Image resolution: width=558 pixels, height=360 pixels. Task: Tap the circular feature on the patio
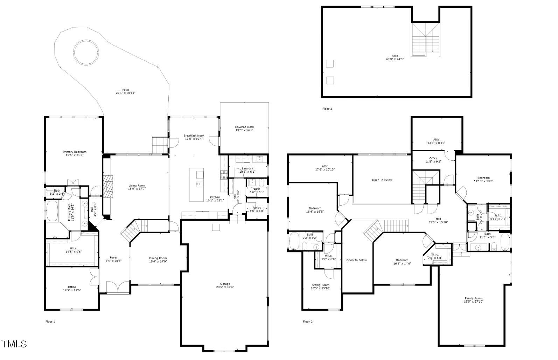[x=86, y=53]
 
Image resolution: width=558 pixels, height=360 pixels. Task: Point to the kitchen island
[x=196, y=185]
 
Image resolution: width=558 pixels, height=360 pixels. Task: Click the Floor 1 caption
[x=50, y=321]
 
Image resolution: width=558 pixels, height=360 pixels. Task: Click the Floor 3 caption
[x=327, y=109]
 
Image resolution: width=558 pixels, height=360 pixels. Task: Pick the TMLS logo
[x=14, y=344]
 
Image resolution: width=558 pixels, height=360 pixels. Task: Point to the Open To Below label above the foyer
[x=356, y=260]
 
